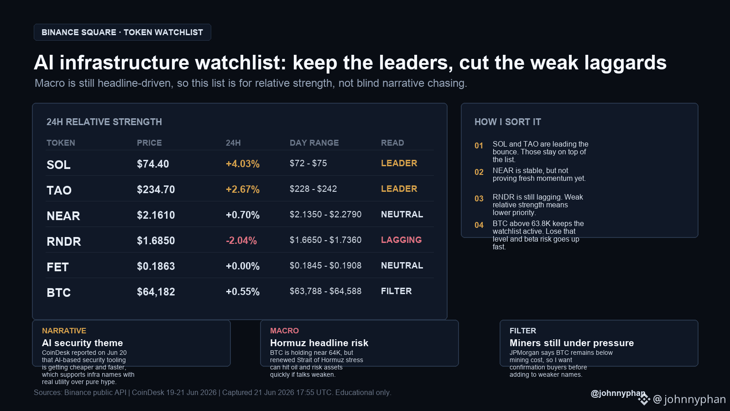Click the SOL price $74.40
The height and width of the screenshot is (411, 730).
(x=153, y=164)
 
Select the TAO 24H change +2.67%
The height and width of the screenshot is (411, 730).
(x=242, y=189)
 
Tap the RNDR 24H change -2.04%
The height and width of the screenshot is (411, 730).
(x=241, y=240)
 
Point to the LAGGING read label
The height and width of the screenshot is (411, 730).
(x=401, y=240)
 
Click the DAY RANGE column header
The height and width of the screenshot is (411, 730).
(x=314, y=143)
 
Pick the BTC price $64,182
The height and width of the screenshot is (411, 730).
(x=156, y=292)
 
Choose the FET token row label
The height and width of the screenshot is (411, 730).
(x=57, y=267)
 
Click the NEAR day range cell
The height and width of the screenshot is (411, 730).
(x=326, y=214)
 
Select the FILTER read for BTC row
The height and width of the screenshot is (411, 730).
(x=396, y=291)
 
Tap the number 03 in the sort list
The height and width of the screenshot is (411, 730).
(x=479, y=199)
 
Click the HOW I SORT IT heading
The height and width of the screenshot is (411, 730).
(x=507, y=122)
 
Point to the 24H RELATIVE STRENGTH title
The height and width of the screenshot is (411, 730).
(x=104, y=122)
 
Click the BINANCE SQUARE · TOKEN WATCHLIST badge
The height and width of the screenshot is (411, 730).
(x=122, y=32)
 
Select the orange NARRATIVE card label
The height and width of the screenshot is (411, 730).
(x=64, y=331)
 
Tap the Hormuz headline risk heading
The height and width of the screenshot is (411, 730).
(x=319, y=343)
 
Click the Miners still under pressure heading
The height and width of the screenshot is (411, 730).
(x=572, y=343)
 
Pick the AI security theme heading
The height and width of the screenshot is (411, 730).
(x=83, y=343)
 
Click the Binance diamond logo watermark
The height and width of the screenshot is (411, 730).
(x=644, y=399)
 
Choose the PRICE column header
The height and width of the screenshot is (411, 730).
(x=149, y=143)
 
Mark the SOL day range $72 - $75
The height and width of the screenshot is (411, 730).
(x=308, y=163)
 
